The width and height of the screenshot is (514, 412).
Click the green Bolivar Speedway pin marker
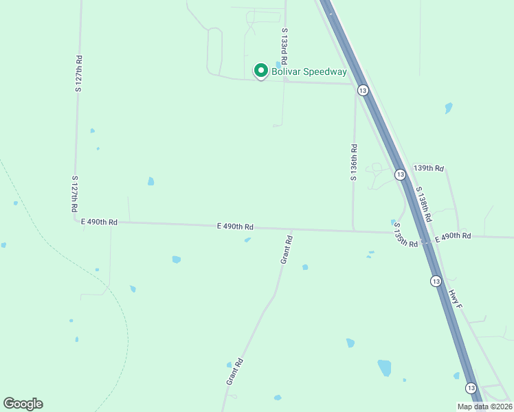pos(260,71)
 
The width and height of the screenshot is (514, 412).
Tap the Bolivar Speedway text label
pos(308,71)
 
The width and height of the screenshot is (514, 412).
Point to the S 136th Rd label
pos(353,162)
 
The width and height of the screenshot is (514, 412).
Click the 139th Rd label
pos(429,168)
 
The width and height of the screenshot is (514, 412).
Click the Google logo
pos(23,403)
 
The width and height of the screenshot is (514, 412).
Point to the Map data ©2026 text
pos(484,407)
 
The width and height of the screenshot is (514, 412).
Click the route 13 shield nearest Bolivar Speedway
pos(363,90)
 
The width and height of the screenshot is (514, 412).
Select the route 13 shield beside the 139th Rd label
pos(400,175)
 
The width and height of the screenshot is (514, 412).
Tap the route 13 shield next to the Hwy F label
pos(436,281)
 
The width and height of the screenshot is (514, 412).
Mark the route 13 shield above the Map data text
pos(471,388)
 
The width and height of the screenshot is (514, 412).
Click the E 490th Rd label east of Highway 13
pos(452,236)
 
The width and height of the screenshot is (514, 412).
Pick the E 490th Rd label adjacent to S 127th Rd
pos(99,222)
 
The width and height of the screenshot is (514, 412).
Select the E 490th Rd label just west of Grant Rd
pos(235,226)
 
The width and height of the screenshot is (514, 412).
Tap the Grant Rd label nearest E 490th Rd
pos(287,250)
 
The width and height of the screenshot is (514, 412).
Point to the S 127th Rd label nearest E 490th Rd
pos(74,193)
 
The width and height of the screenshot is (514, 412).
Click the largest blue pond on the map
pos(384,367)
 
